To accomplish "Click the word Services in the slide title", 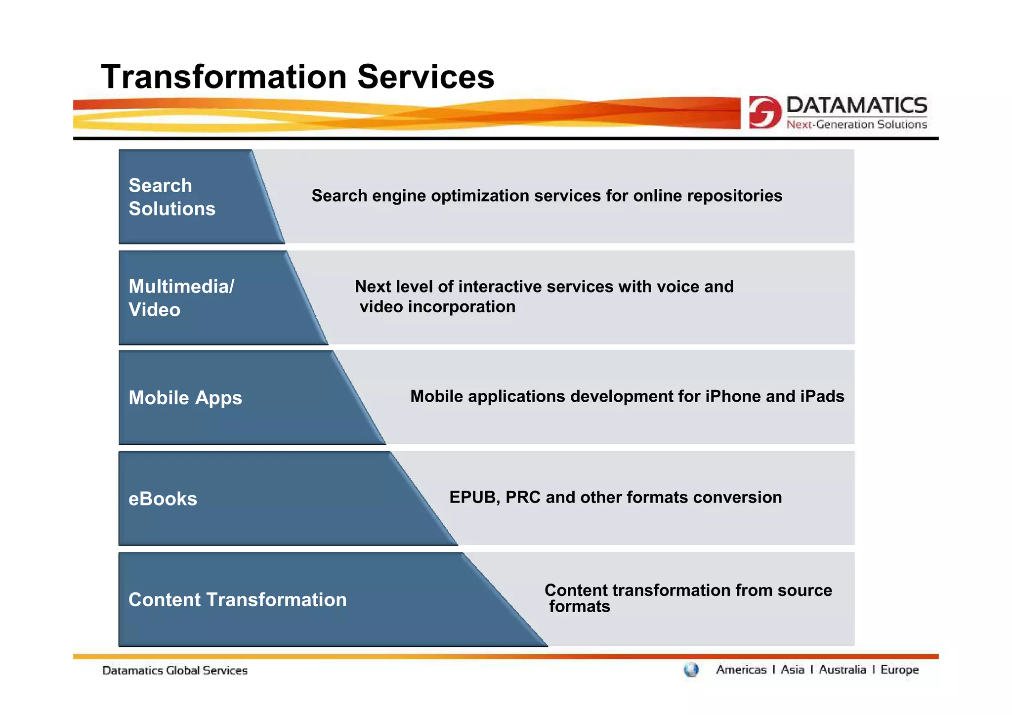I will click(425, 77).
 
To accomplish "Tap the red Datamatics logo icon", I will click(764, 112).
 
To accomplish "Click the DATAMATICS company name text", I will click(856, 105).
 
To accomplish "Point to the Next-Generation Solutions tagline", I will click(856, 125).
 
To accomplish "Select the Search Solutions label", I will click(171, 197).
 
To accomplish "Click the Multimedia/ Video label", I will click(181, 298).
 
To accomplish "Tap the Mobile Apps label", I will click(185, 398).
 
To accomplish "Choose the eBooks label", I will click(163, 499).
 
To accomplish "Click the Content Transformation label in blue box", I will click(237, 600).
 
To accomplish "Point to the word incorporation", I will click(462, 307).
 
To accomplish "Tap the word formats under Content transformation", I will click(580, 607).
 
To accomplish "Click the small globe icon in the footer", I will click(691, 670).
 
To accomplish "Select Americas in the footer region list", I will click(741, 670).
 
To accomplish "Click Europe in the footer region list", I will click(899, 670).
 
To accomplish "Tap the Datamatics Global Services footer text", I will click(174, 671).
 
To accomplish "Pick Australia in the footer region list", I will click(842, 670).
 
